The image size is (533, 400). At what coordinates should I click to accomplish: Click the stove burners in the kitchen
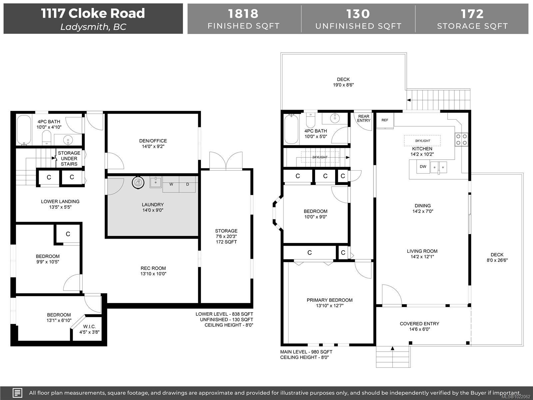coord(461,140)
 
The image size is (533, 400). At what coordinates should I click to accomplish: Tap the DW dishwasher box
coord(423,167)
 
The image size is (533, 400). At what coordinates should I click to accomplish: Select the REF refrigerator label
coord(385,120)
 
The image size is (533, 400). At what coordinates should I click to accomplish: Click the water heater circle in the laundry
coord(138,182)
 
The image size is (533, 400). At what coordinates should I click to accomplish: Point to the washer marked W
coord(171,184)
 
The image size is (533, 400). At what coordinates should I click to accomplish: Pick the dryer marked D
coord(187,184)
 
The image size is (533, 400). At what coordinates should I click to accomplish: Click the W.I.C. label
coord(89,327)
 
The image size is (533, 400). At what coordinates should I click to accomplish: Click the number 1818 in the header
coord(243,14)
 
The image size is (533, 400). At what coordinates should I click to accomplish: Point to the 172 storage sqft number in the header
coord(472,14)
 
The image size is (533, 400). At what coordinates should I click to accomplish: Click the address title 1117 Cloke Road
coord(93,13)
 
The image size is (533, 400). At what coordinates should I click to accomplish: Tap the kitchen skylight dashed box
coord(422,141)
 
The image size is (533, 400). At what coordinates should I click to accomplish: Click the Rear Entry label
coord(363,119)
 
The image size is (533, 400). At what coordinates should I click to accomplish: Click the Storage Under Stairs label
coord(69,159)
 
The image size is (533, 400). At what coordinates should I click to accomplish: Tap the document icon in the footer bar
coord(17,393)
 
